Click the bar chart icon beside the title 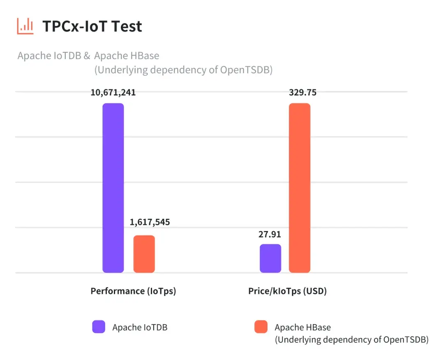click(25, 26)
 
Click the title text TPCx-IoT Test click(92, 26)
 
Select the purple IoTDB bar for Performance click(113, 188)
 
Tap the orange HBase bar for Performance click(144, 254)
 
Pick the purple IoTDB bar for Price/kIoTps click(271, 258)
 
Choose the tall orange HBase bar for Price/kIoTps click(299, 188)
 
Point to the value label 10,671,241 click(113, 93)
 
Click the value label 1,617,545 click(150, 222)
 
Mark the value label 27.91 click(270, 234)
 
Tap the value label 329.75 click(303, 93)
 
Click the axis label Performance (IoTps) click(133, 291)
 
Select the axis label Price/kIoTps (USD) click(287, 291)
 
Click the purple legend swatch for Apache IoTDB click(99, 327)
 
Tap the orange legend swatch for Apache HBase click(261, 327)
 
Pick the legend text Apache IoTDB click(140, 327)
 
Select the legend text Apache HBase click(303, 327)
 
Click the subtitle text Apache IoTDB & click(54, 56)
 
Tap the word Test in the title click(127, 26)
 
